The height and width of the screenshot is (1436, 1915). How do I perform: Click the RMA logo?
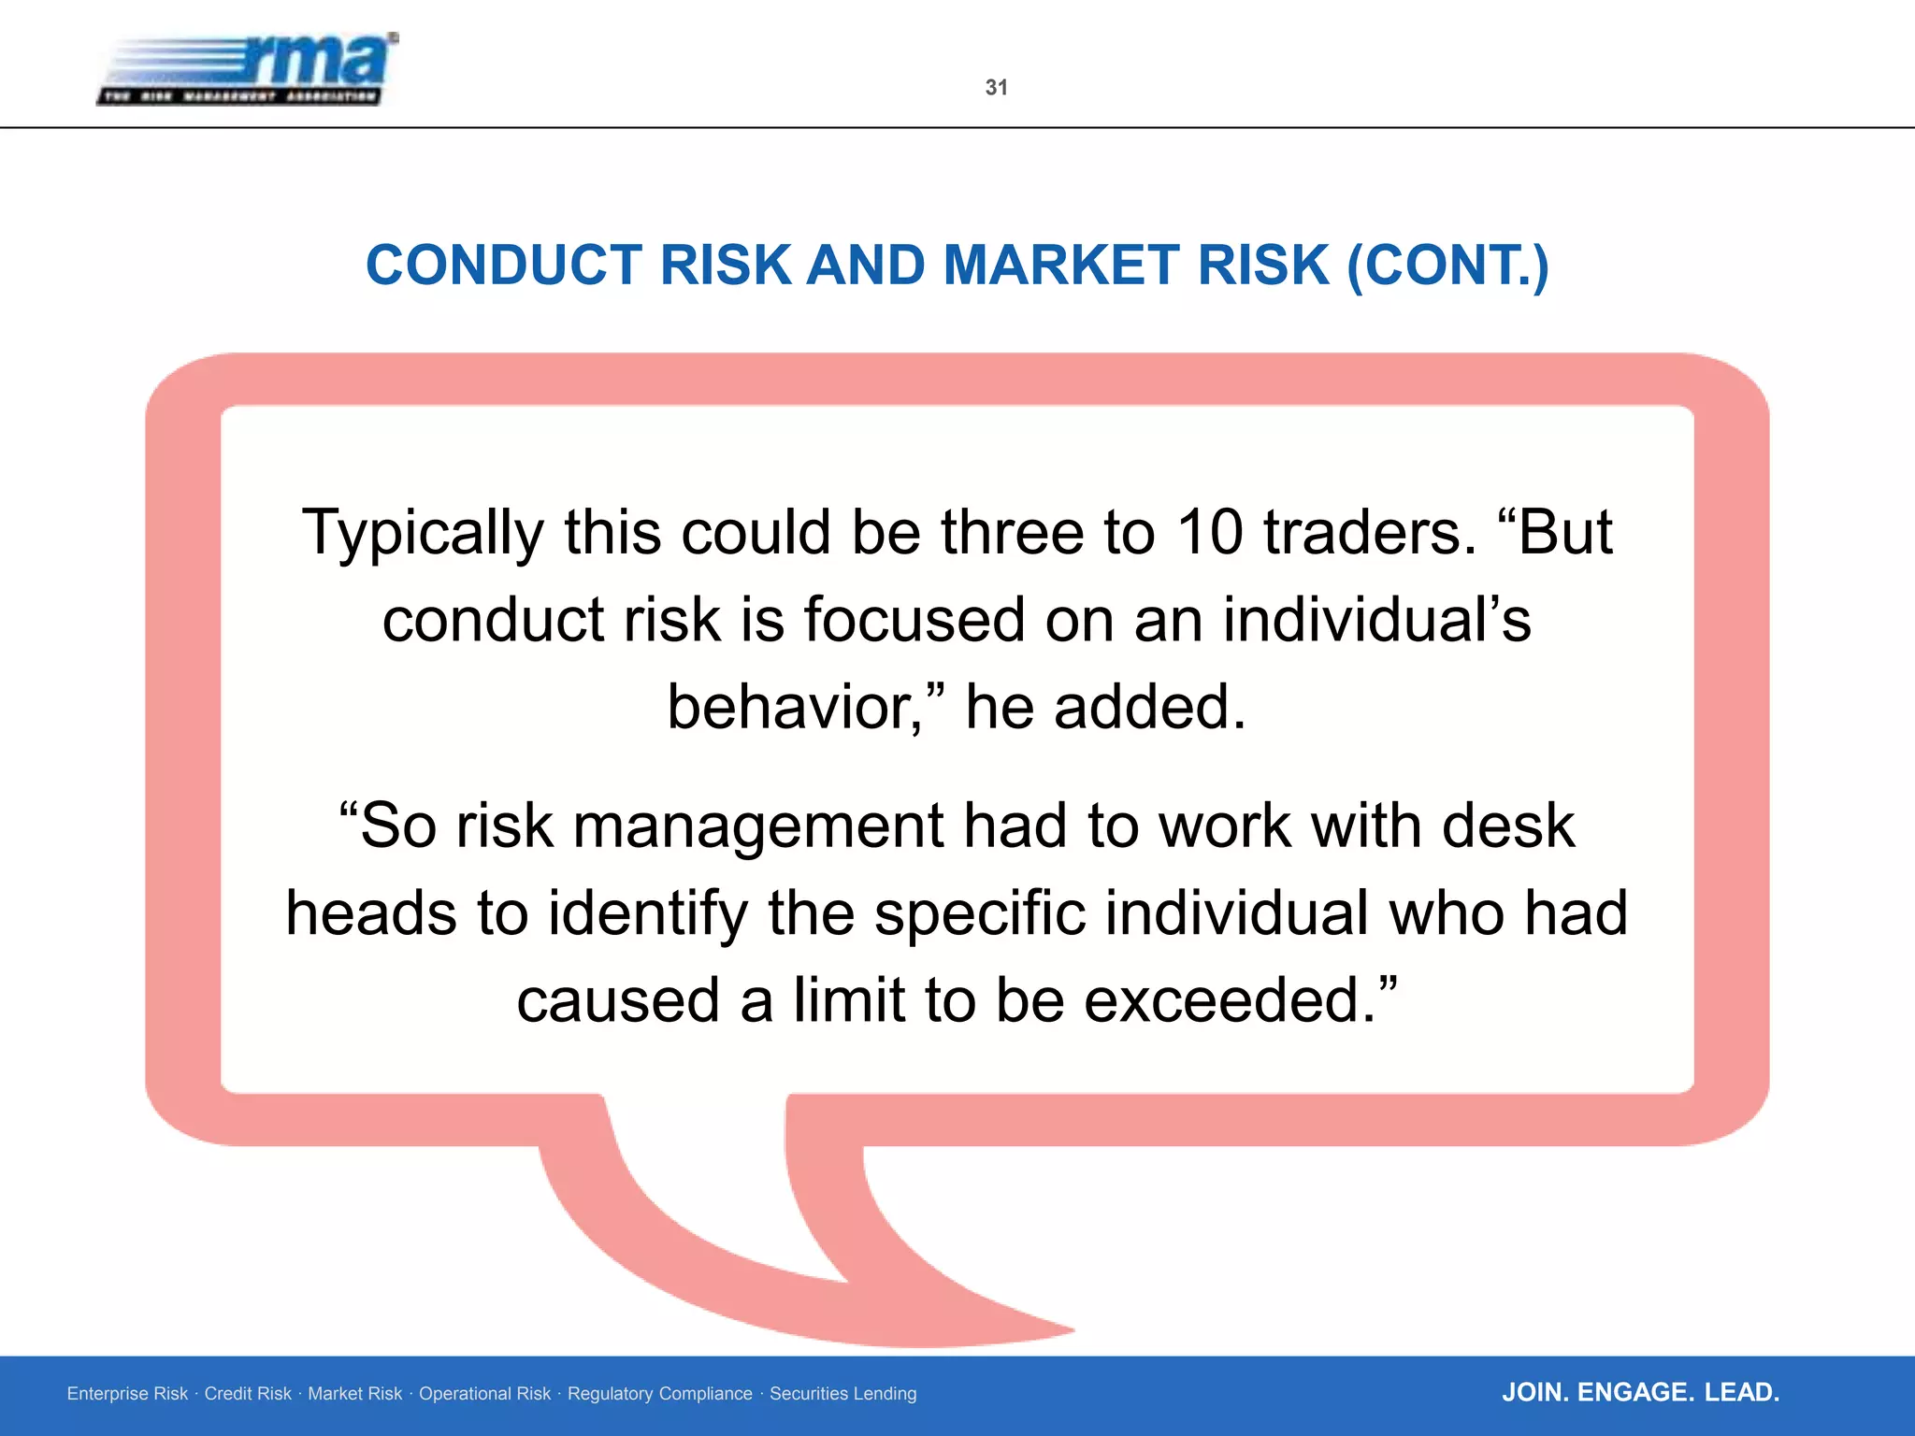click(x=248, y=69)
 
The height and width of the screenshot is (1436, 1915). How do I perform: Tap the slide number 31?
click(x=996, y=88)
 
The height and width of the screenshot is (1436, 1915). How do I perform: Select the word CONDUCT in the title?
click(x=505, y=266)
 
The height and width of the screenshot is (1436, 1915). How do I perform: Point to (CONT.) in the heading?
click(x=1447, y=266)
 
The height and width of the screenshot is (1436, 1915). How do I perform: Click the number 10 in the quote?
click(x=1210, y=533)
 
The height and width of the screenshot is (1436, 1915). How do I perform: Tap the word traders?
click(x=1370, y=533)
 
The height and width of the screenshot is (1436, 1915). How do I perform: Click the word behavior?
click(x=795, y=708)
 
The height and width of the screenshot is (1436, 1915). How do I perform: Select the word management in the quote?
click(x=758, y=827)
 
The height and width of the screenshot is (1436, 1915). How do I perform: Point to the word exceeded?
click(x=1230, y=1001)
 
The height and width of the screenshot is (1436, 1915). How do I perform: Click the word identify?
click(x=647, y=914)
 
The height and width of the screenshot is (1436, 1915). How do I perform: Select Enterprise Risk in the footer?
click(x=127, y=1394)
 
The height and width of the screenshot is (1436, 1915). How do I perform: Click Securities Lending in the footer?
click(x=842, y=1394)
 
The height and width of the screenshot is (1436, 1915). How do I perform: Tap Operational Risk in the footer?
click(x=484, y=1394)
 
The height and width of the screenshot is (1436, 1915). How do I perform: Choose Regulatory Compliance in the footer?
click(x=659, y=1394)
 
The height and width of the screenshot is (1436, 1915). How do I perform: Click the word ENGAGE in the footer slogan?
click(x=1635, y=1393)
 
